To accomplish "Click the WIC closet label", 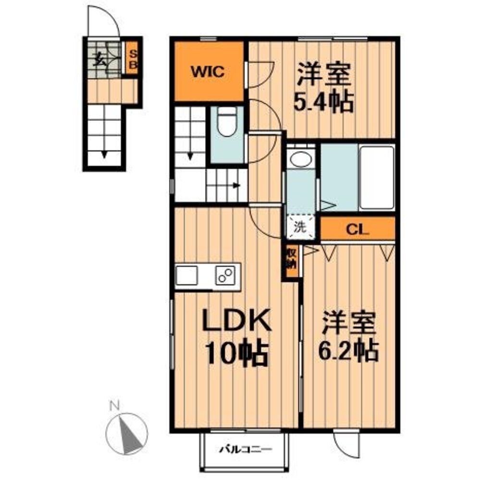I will tap(209, 72).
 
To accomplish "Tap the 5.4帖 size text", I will tap(324, 102).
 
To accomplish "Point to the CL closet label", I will tap(358, 229).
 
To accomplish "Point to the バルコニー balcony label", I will tap(246, 450).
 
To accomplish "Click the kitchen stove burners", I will tap(224, 275).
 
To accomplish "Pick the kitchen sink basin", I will tap(186, 276).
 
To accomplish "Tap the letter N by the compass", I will tap(114, 406).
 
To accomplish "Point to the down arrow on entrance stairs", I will tap(105, 154).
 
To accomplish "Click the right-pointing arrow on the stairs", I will tap(236, 185).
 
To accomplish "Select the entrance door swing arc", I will tap(102, 21).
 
